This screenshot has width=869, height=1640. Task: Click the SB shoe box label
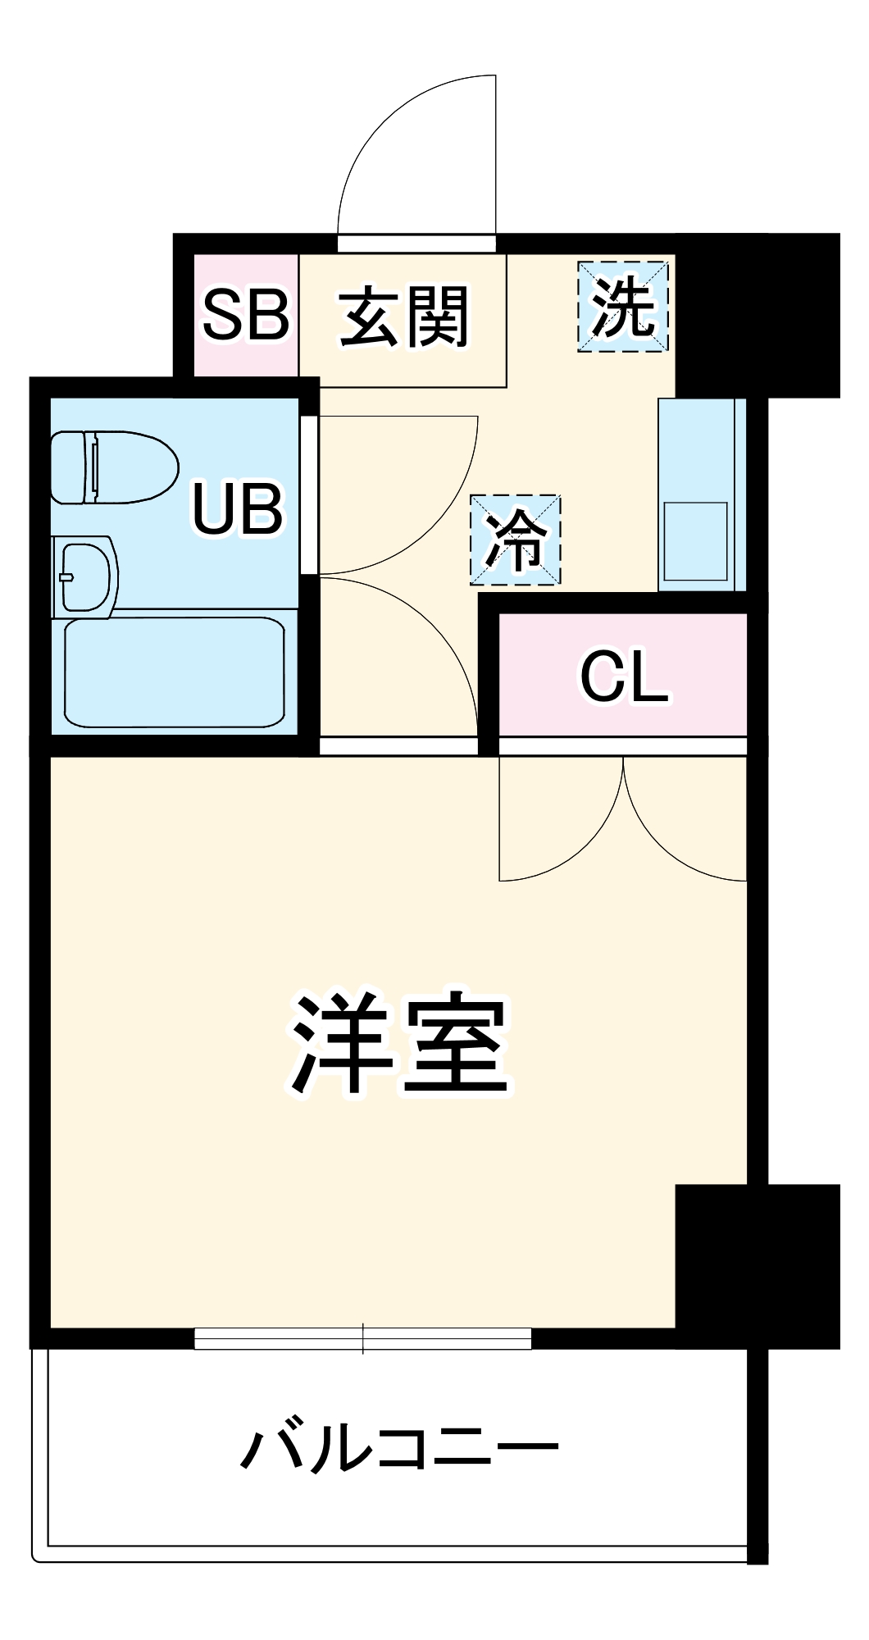tap(245, 314)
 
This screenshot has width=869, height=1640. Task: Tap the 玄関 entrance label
tap(403, 316)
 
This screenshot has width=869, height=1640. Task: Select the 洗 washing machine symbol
tap(623, 307)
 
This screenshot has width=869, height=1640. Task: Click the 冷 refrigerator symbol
tap(515, 540)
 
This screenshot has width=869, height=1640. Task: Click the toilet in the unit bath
tap(115, 467)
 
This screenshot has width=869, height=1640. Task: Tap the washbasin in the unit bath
tap(84, 576)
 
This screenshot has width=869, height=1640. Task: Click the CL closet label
tap(624, 676)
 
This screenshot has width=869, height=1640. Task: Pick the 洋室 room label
tap(400, 1044)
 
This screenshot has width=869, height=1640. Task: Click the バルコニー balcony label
tap(399, 1448)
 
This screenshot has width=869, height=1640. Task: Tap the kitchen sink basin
tap(695, 541)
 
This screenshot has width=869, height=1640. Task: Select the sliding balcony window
tap(362, 1338)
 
